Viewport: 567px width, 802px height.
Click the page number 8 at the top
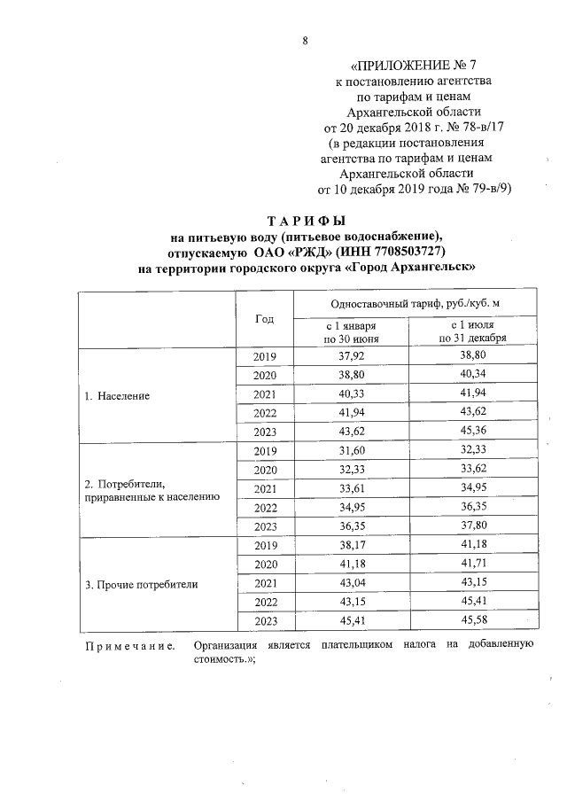(x=306, y=41)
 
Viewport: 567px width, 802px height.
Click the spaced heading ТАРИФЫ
(x=306, y=220)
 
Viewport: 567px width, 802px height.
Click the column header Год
(x=264, y=319)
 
